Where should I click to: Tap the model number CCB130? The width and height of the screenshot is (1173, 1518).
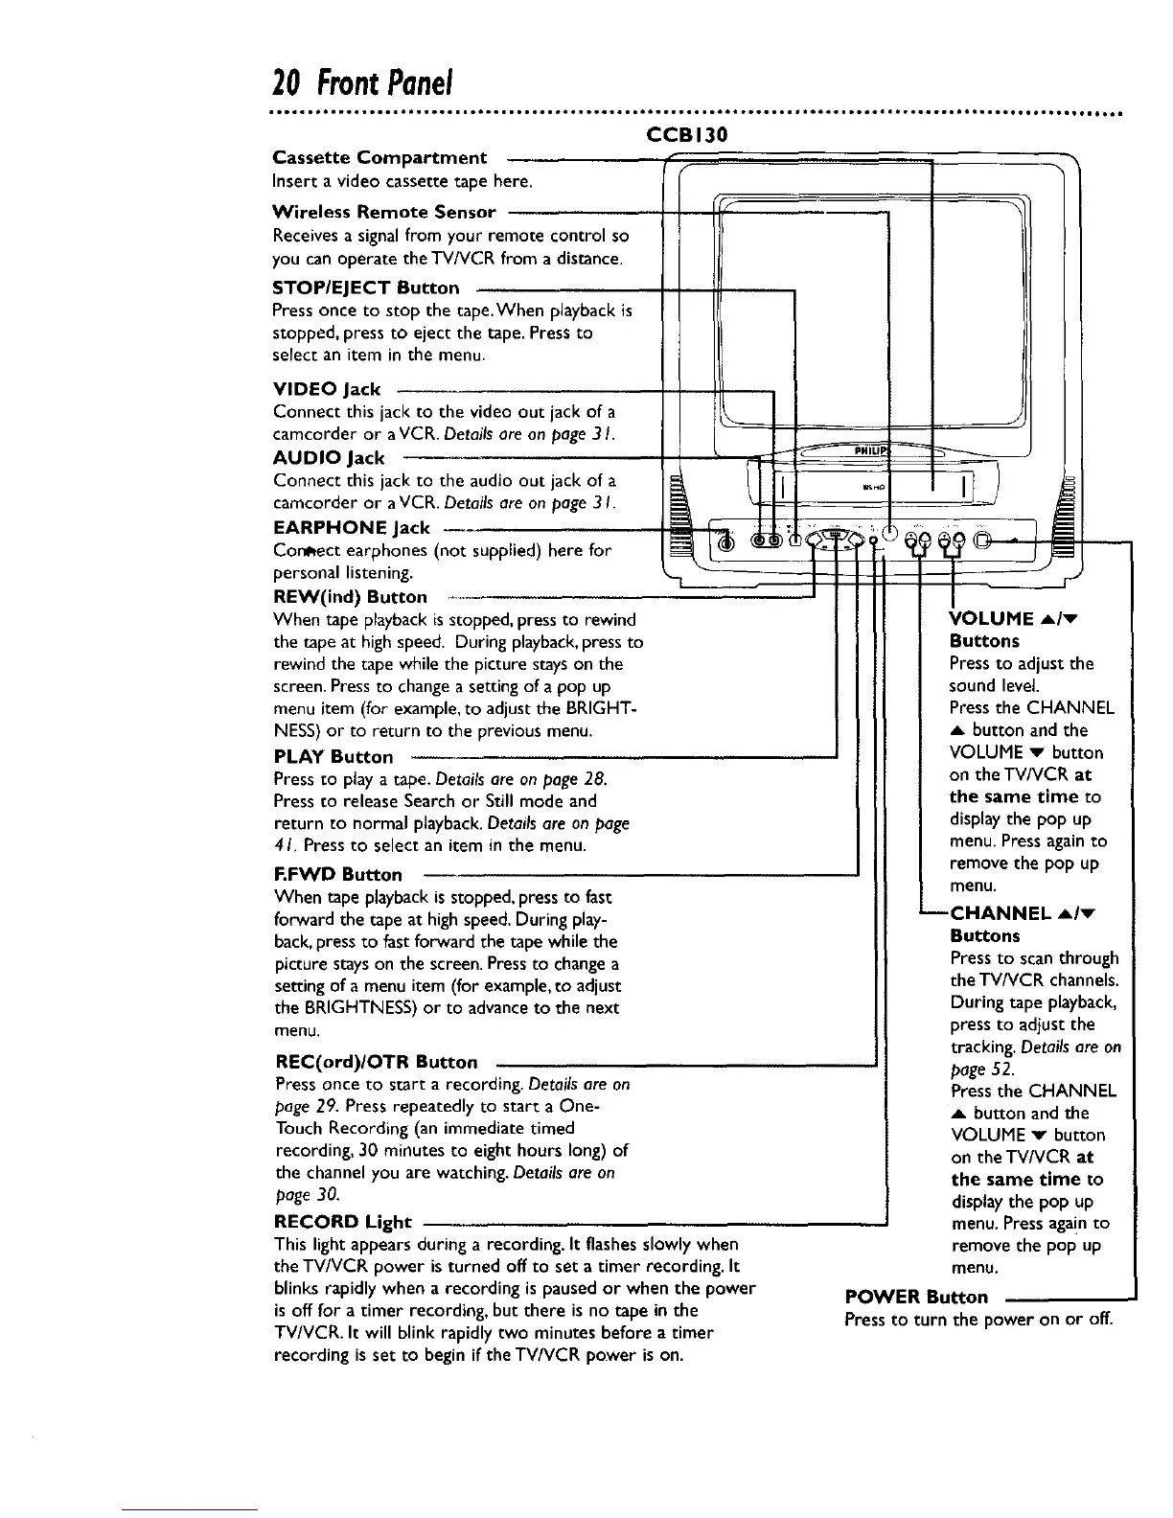coord(688,135)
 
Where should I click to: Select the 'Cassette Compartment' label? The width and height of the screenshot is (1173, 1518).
coord(379,157)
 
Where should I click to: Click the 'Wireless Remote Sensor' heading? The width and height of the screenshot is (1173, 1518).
coord(384,212)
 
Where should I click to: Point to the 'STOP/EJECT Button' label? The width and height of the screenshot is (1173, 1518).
coord(366,287)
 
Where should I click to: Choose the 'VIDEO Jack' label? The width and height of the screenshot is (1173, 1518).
coord(327,389)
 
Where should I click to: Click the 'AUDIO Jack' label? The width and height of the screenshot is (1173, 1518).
coord(329,457)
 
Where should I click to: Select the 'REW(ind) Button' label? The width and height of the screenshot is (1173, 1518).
coord(351,598)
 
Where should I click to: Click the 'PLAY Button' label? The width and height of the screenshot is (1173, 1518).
coord(333,756)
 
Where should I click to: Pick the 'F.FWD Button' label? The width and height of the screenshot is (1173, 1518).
coord(338,874)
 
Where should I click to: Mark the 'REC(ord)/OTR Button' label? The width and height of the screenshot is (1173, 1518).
coord(376,1062)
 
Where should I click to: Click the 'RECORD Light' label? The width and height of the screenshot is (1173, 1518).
coord(343,1222)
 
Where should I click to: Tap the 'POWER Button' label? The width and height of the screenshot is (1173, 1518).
coord(916,1297)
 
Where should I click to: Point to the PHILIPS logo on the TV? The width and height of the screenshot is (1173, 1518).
coord(872,450)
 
